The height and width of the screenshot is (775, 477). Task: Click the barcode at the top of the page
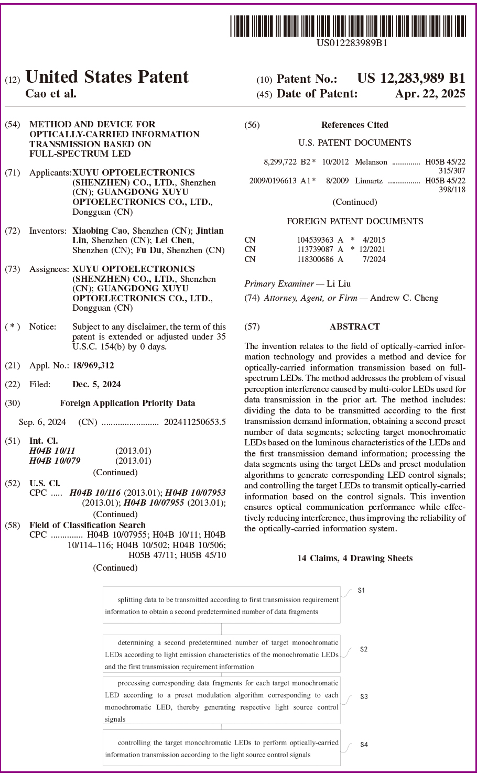pyautogui.click(x=348, y=26)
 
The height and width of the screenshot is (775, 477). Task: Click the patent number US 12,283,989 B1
pyautogui.click(x=411, y=79)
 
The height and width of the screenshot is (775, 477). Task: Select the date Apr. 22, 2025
pyautogui.click(x=430, y=94)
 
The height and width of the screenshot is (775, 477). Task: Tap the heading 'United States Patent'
pyautogui.click(x=107, y=77)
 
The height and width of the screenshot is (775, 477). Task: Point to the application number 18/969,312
pyautogui.click(x=93, y=365)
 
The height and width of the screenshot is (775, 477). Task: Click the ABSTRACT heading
pyautogui.click(x=354, y=326)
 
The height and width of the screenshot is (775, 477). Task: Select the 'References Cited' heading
pyautogui.click(x=354, y=125)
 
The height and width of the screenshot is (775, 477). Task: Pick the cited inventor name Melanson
pyautogui.click(x=371, y=162)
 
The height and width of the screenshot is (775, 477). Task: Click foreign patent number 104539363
pyautogui.click(x=315, y=240)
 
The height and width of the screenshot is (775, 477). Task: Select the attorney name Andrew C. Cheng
pyautogui.click(x=404, y=298)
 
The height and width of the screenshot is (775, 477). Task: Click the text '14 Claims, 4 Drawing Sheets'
pyautogui.click(x=355, y=558)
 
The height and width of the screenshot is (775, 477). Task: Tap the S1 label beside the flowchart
pyautogui.click(x=361, y=591)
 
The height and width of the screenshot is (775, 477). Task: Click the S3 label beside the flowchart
pyautogui.click(x=364, y=696)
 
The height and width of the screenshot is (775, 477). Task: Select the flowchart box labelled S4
pyautogui.click(x=221, y=748)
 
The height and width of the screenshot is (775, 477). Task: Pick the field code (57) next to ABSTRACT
pyautogui.click(x=252, y=326)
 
